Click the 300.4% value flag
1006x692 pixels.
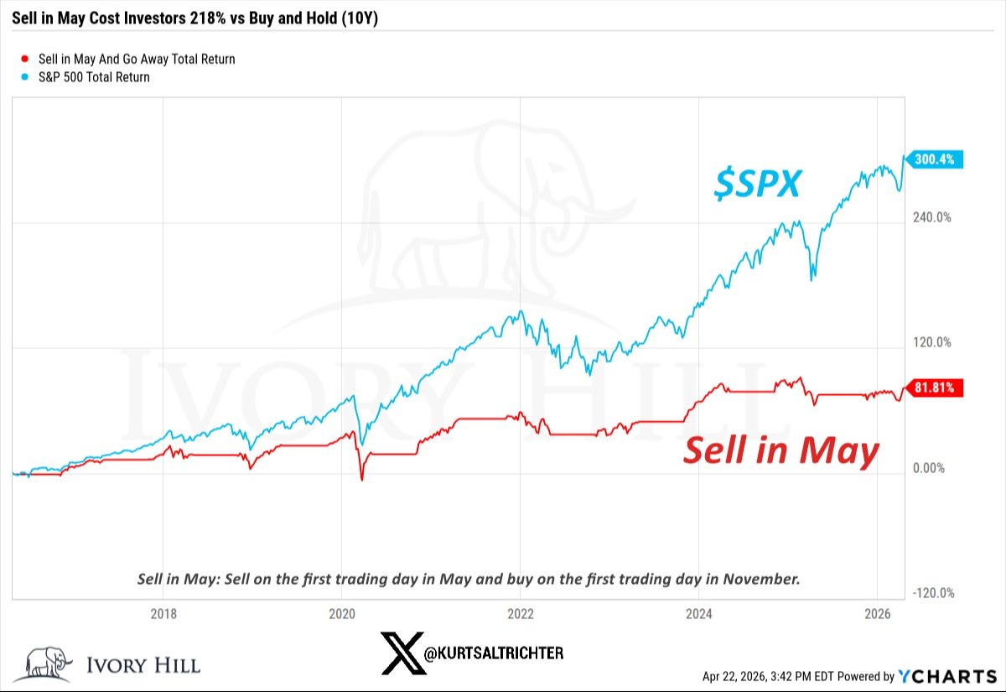[935, 160]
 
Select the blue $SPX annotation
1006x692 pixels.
[757, 184]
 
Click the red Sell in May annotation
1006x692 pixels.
[781, 450]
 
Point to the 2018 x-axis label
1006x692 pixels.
[163, 613]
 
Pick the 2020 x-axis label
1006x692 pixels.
[342, 613]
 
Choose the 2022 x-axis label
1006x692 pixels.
[521, 613]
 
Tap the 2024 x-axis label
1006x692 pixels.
[698, 613]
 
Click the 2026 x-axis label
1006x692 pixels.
[877, 613]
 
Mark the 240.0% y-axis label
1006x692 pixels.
[931, 217]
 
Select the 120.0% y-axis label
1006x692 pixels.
[931, 342]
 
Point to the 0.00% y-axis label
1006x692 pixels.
[929, 468]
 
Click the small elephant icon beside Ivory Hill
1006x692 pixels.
[48, 663]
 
